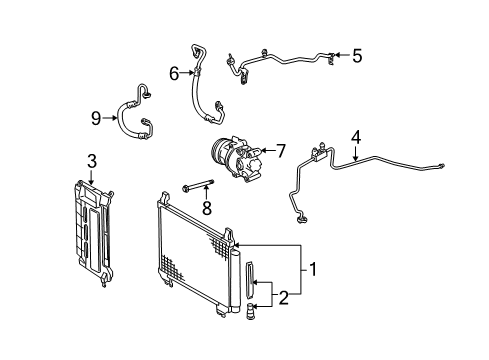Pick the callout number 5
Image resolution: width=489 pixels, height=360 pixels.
(355, 56)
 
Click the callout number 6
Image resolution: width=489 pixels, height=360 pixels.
(172, 73)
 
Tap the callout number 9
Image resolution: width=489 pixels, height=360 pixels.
(97, 118)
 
